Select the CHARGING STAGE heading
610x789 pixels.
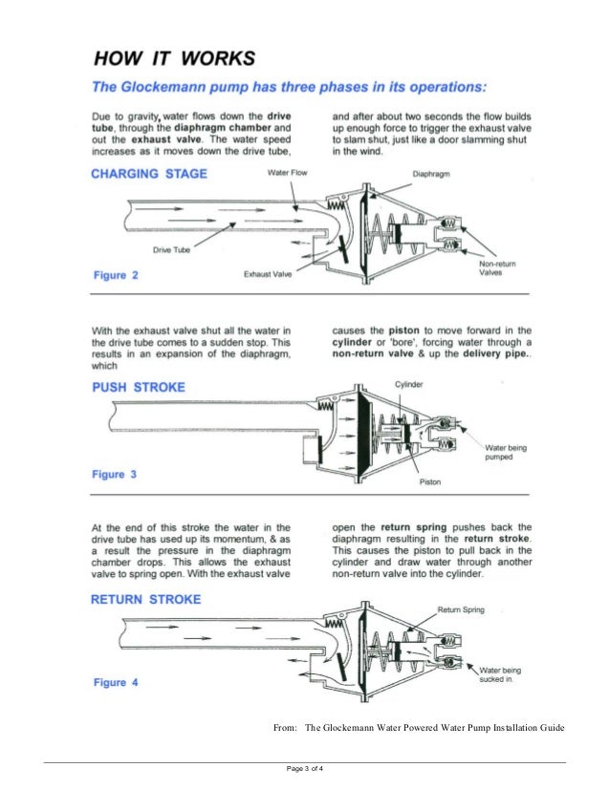148,174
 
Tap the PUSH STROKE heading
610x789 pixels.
139,387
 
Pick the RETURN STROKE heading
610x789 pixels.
146,600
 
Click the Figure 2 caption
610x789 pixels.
116,275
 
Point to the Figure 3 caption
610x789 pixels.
116,474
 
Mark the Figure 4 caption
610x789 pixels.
116,682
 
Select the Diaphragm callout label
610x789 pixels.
432,174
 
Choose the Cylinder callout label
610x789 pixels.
409,383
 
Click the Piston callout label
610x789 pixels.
430,482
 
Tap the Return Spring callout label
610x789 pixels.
463,608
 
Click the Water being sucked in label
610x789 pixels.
505,675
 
